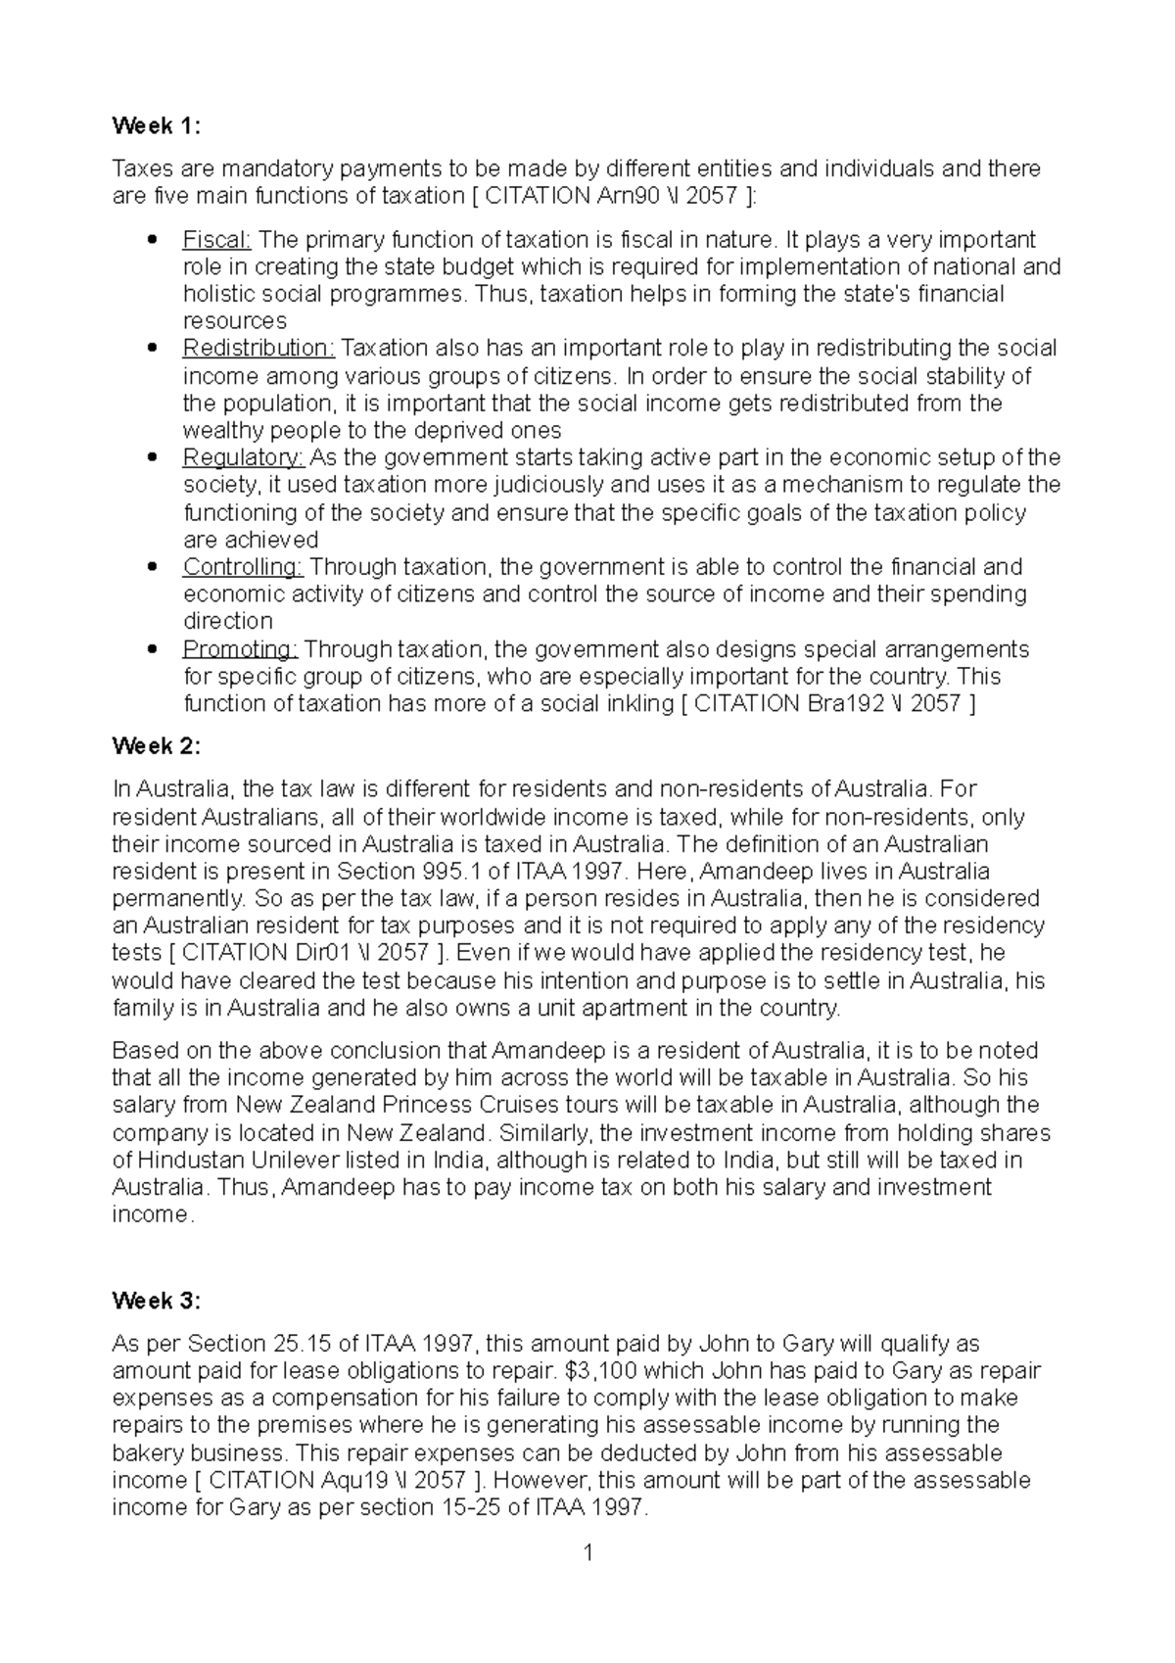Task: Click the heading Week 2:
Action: click(x=156, y=746)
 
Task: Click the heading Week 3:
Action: click(x=156, y=1301)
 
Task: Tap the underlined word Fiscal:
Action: click(x=217, y=240)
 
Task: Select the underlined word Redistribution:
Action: click(x=258, y=349)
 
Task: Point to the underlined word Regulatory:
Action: click(x=244, y=457)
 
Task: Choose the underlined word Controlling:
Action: click(x=243, y=567)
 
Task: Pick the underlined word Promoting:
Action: click(x=240, y=649)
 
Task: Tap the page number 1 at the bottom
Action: click(x=588, y=1553)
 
